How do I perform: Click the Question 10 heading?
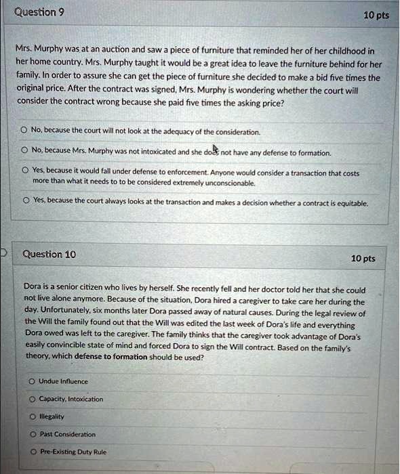49,255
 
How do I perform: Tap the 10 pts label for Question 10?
363,258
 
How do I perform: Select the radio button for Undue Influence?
31,381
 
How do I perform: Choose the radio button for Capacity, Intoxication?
31,399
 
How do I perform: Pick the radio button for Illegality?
31,416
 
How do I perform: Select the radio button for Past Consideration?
31,434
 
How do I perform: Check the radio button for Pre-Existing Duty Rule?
31,452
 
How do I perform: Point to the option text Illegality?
52,416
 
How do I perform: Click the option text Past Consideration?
67,434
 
